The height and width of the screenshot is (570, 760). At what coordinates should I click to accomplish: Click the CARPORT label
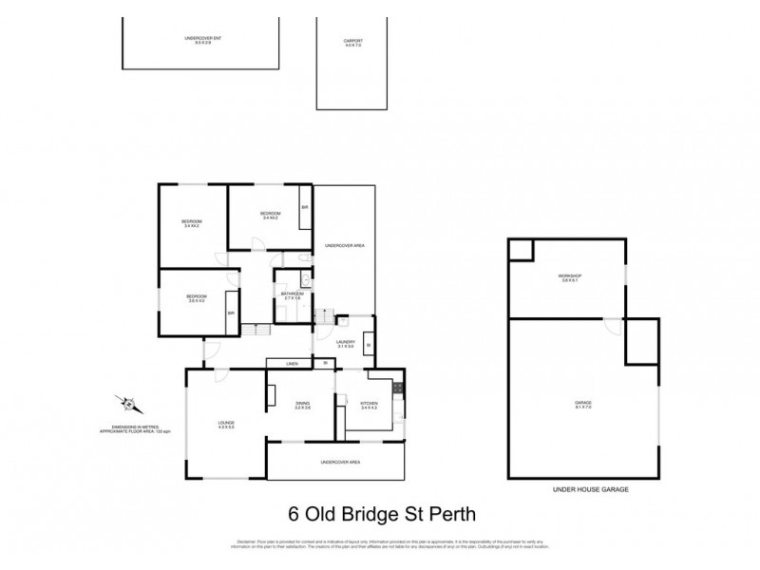(354, 42)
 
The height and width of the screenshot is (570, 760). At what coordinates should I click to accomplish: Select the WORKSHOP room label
(570, 277)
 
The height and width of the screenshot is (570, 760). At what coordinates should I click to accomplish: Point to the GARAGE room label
(583, 405)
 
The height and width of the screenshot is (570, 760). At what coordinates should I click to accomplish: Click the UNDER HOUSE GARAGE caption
(590, 488)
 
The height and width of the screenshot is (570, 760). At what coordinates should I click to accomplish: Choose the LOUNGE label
(225, 425)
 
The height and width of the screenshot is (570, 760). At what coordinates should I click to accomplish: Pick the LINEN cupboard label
(295, 363)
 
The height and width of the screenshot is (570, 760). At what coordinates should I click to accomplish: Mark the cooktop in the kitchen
(401, 387)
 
